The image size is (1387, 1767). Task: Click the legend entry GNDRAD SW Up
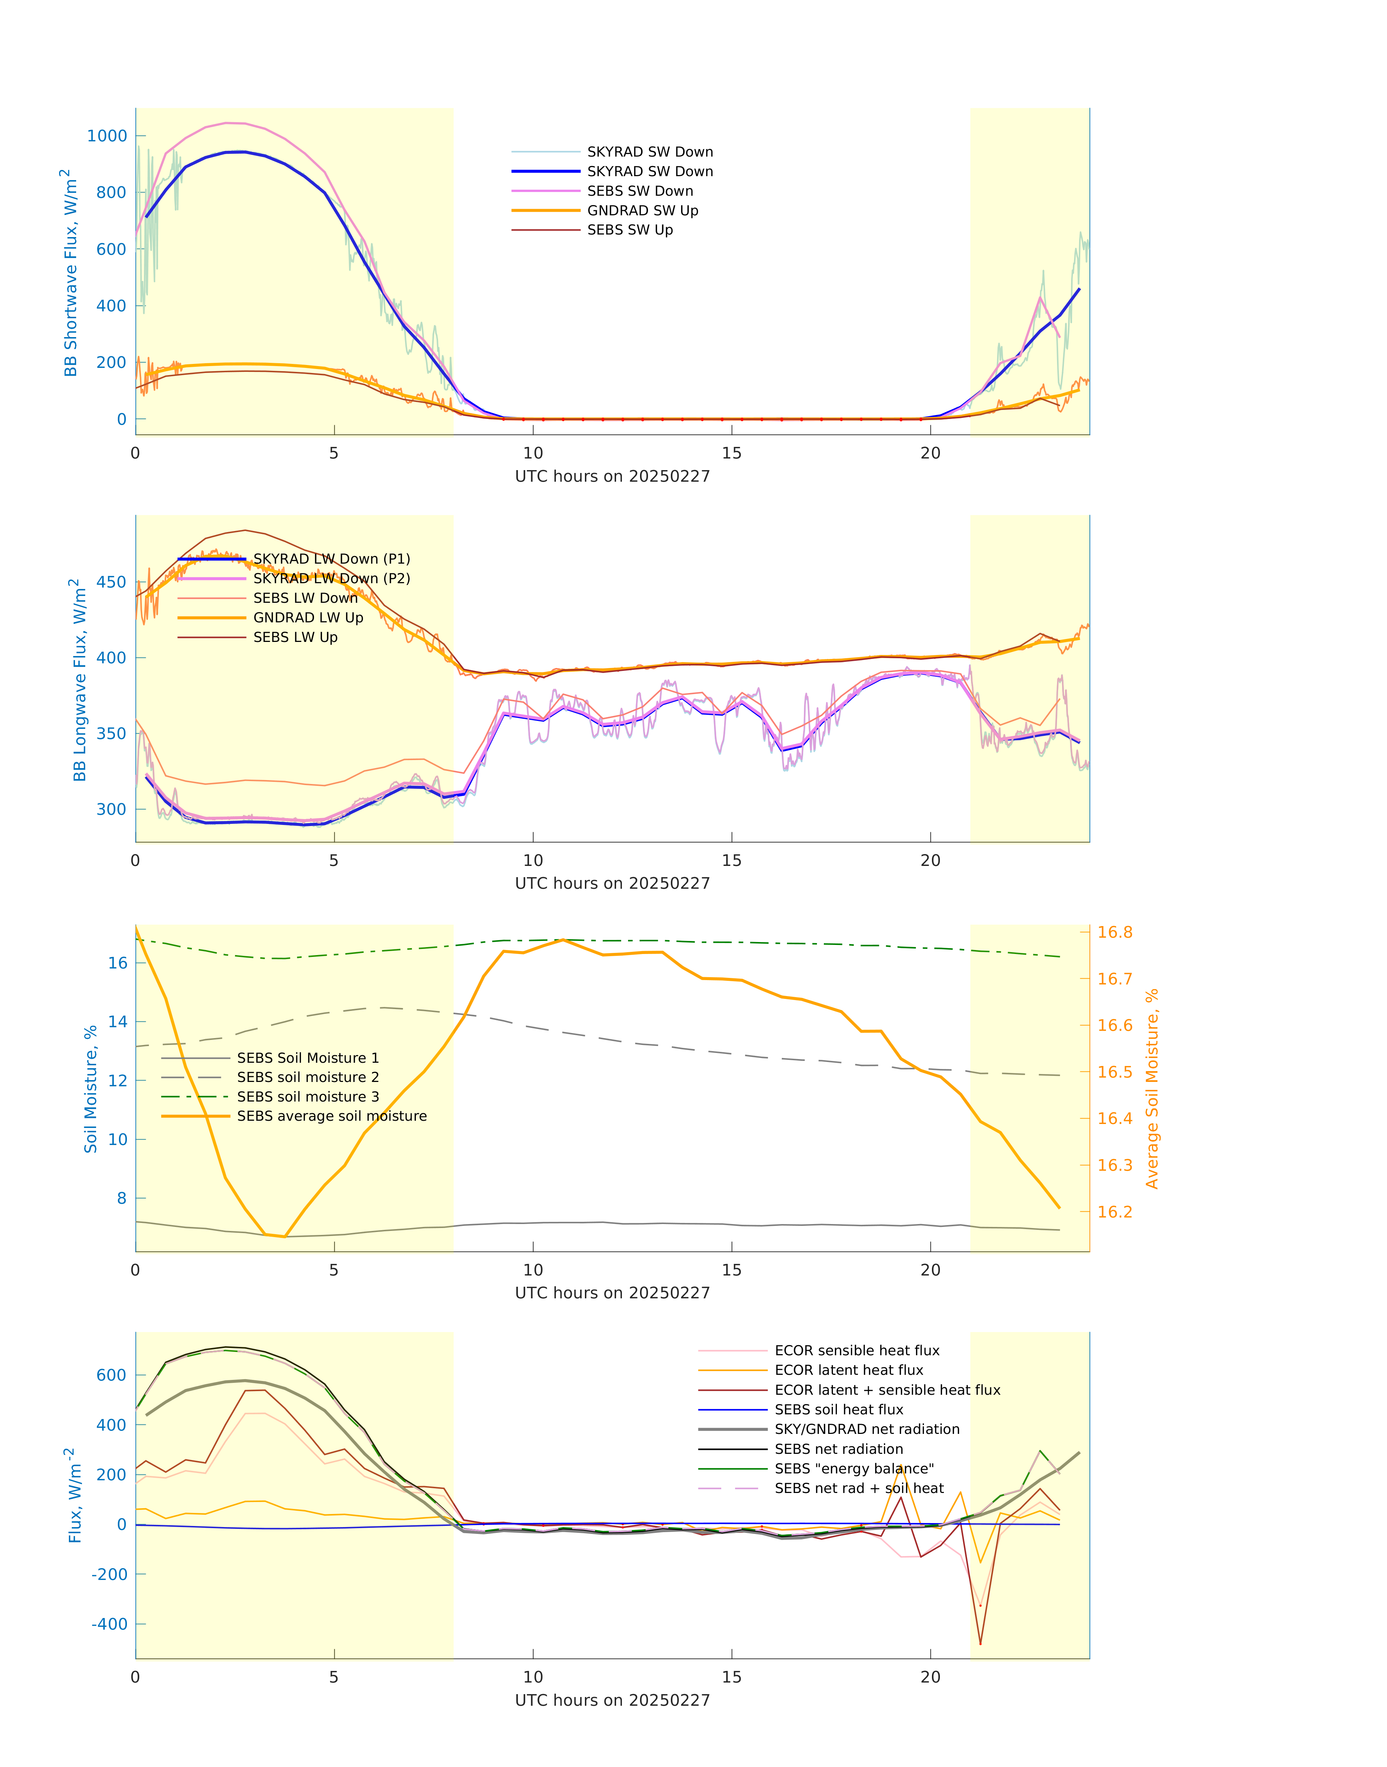[641, 211]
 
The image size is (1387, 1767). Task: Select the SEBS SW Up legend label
[629, 231]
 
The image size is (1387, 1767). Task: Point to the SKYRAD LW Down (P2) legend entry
[331, 579]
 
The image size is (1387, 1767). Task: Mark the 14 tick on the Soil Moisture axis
[118, 1022]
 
